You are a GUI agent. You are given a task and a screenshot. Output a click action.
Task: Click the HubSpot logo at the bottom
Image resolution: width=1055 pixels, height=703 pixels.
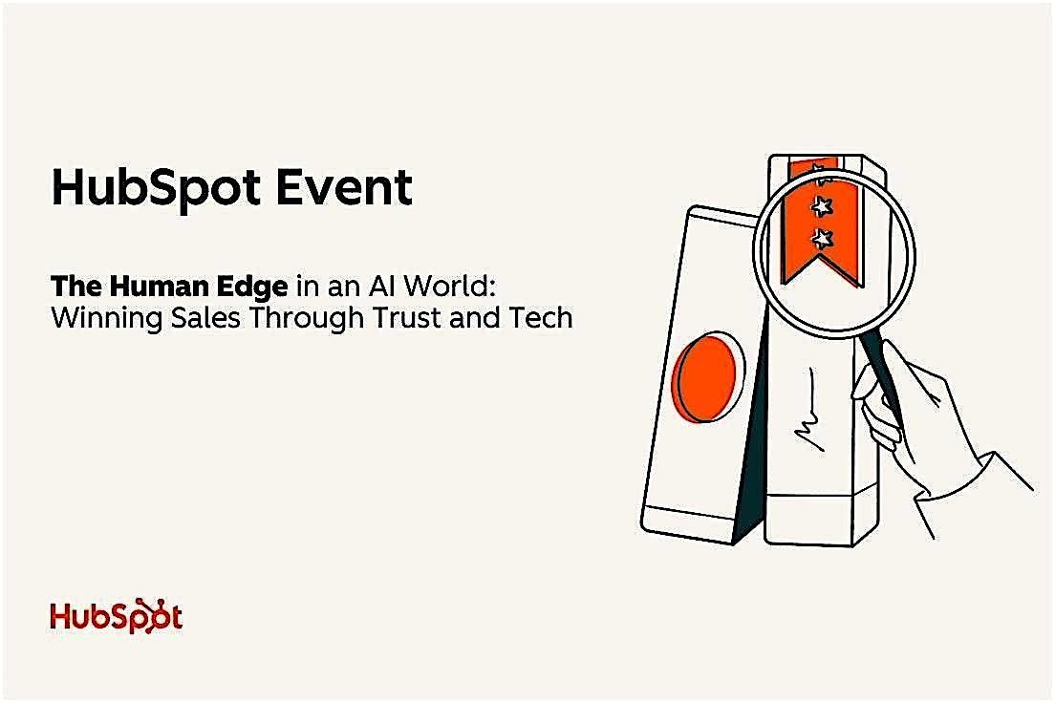click(x=116, y=616)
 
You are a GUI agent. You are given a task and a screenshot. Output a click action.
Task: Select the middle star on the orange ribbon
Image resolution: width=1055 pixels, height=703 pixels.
click(x=819, y=204)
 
